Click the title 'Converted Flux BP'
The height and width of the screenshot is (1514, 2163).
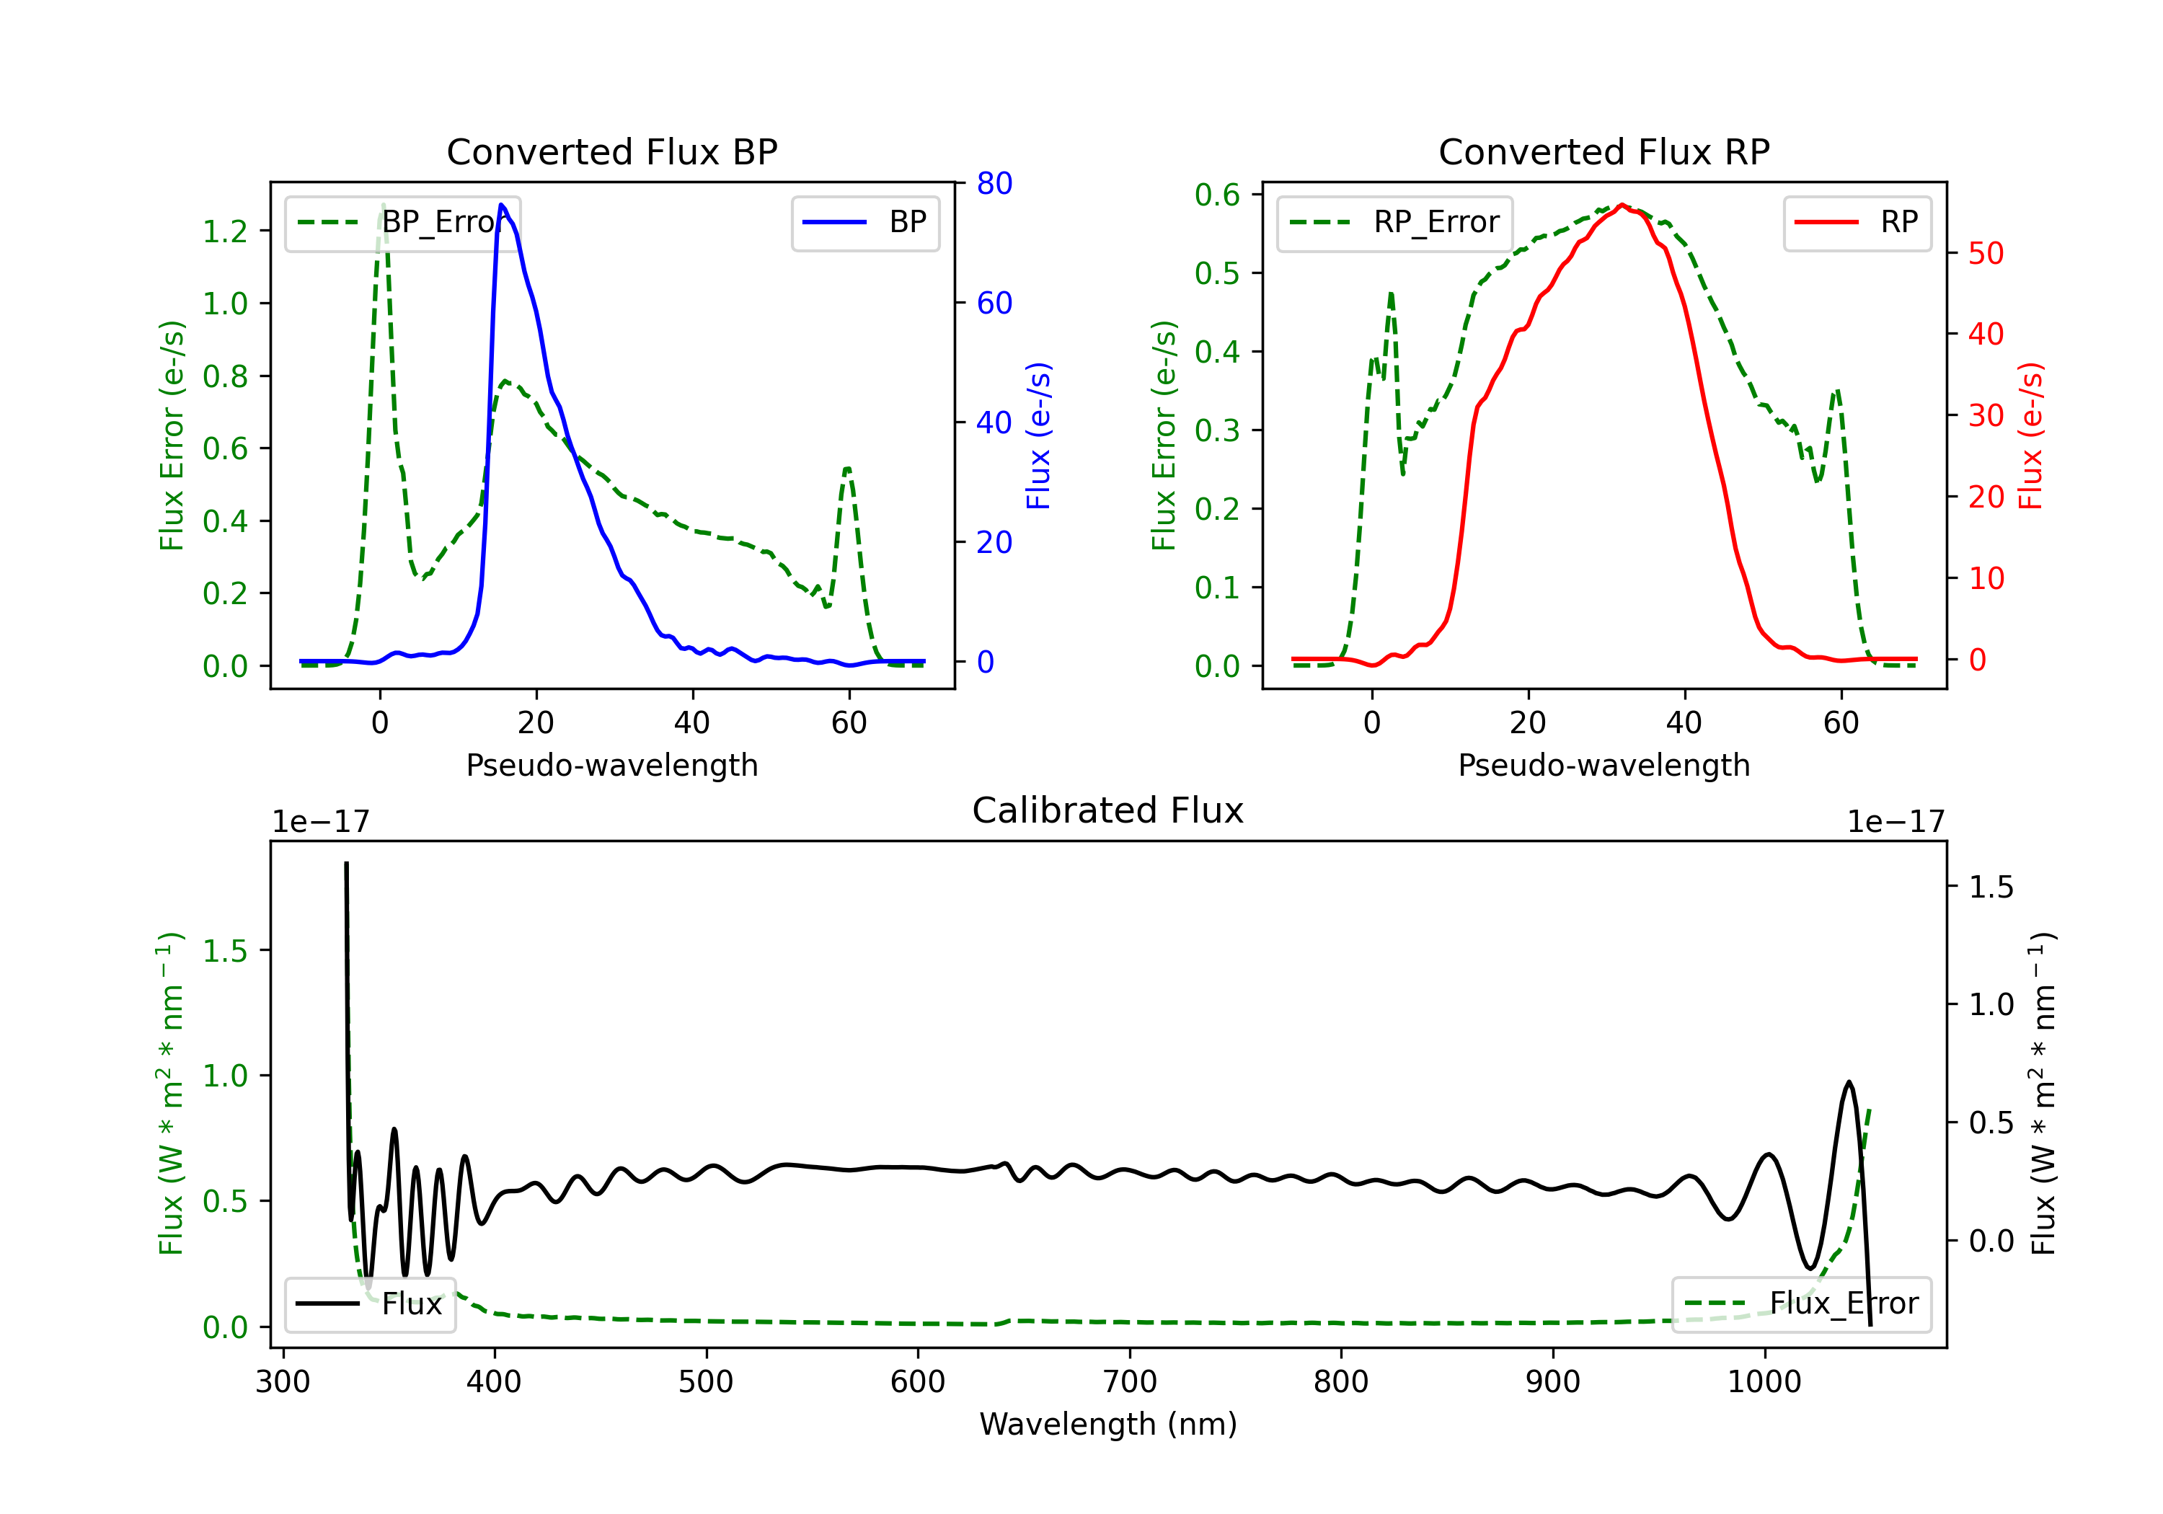coord(611,151)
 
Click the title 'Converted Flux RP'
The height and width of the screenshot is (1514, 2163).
coord(1604,151)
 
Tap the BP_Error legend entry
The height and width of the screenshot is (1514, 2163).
coord(402,222)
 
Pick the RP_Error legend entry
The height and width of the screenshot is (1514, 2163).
coord(1394,222)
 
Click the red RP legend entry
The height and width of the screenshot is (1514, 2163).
coord(1857,222)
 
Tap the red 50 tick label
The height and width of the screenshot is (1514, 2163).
coord(1986,254)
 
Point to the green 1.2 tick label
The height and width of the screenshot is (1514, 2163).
coord(225,231)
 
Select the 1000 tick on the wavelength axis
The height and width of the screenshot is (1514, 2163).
coord(1764,1381)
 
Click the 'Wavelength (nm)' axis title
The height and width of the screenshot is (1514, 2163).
coord(1108,1424)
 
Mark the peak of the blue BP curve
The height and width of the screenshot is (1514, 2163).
coord(501,205)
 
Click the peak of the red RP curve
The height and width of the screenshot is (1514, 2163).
coord(1622,205)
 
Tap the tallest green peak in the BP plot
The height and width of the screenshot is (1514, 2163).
coord(382,205)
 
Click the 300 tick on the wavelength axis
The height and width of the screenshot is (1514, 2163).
coord(283,1381)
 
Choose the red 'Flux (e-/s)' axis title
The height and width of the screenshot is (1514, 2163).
coord(2030,435)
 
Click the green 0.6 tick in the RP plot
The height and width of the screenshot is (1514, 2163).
coord(1217,195)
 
